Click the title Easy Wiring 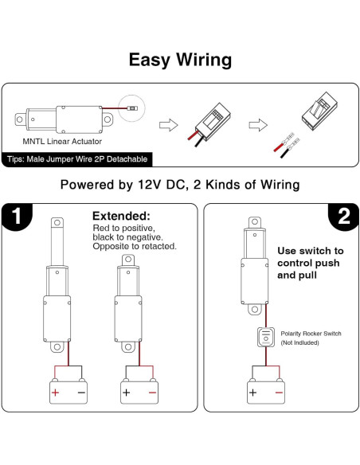click(180, 60)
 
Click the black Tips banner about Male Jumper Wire click(76, 159)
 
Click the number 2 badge click(343, 217)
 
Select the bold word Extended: click(121, 216)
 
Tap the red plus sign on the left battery click(56, 393)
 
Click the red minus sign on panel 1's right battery click(151, 393)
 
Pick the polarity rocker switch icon click(264, 337)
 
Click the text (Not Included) click(301, 342)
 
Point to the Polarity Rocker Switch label click(311, 333)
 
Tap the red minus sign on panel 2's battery click(278, 393)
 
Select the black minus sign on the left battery click(81, 393)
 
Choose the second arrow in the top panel click(256, 124)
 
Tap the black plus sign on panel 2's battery click(252, 393)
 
